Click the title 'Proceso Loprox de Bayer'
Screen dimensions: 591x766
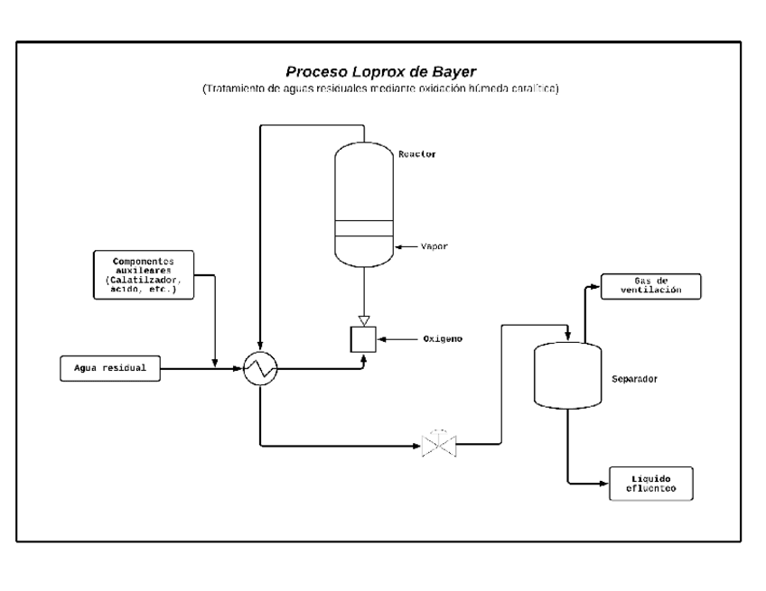pyautogui.click(x=381, y=71)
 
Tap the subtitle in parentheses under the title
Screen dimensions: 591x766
pyautogui.click(x=381, y=88)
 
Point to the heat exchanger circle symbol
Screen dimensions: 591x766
pyautogui.click(x=259, y=367)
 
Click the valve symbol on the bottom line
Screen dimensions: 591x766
pyautogui.click(x=439, y=445)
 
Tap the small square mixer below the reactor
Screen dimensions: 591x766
pyautogui.click(x=364, y=339)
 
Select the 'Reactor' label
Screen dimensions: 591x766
pyautogui.click(x=416, y=154)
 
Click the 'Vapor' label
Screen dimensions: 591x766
pyautogui.click(x=434, y=246)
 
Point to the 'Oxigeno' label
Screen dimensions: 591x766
pyautogui.click(x=443, y=339)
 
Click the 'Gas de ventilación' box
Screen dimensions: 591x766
pyautogui.click(x=650, y=286)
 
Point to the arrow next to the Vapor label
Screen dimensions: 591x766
pyautogui.click(x=404, y=246)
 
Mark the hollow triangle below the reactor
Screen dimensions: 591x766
pyautogui.click(x=364, y=319)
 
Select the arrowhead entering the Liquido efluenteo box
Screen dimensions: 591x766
pyautogui.click(x=603, y=484)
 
